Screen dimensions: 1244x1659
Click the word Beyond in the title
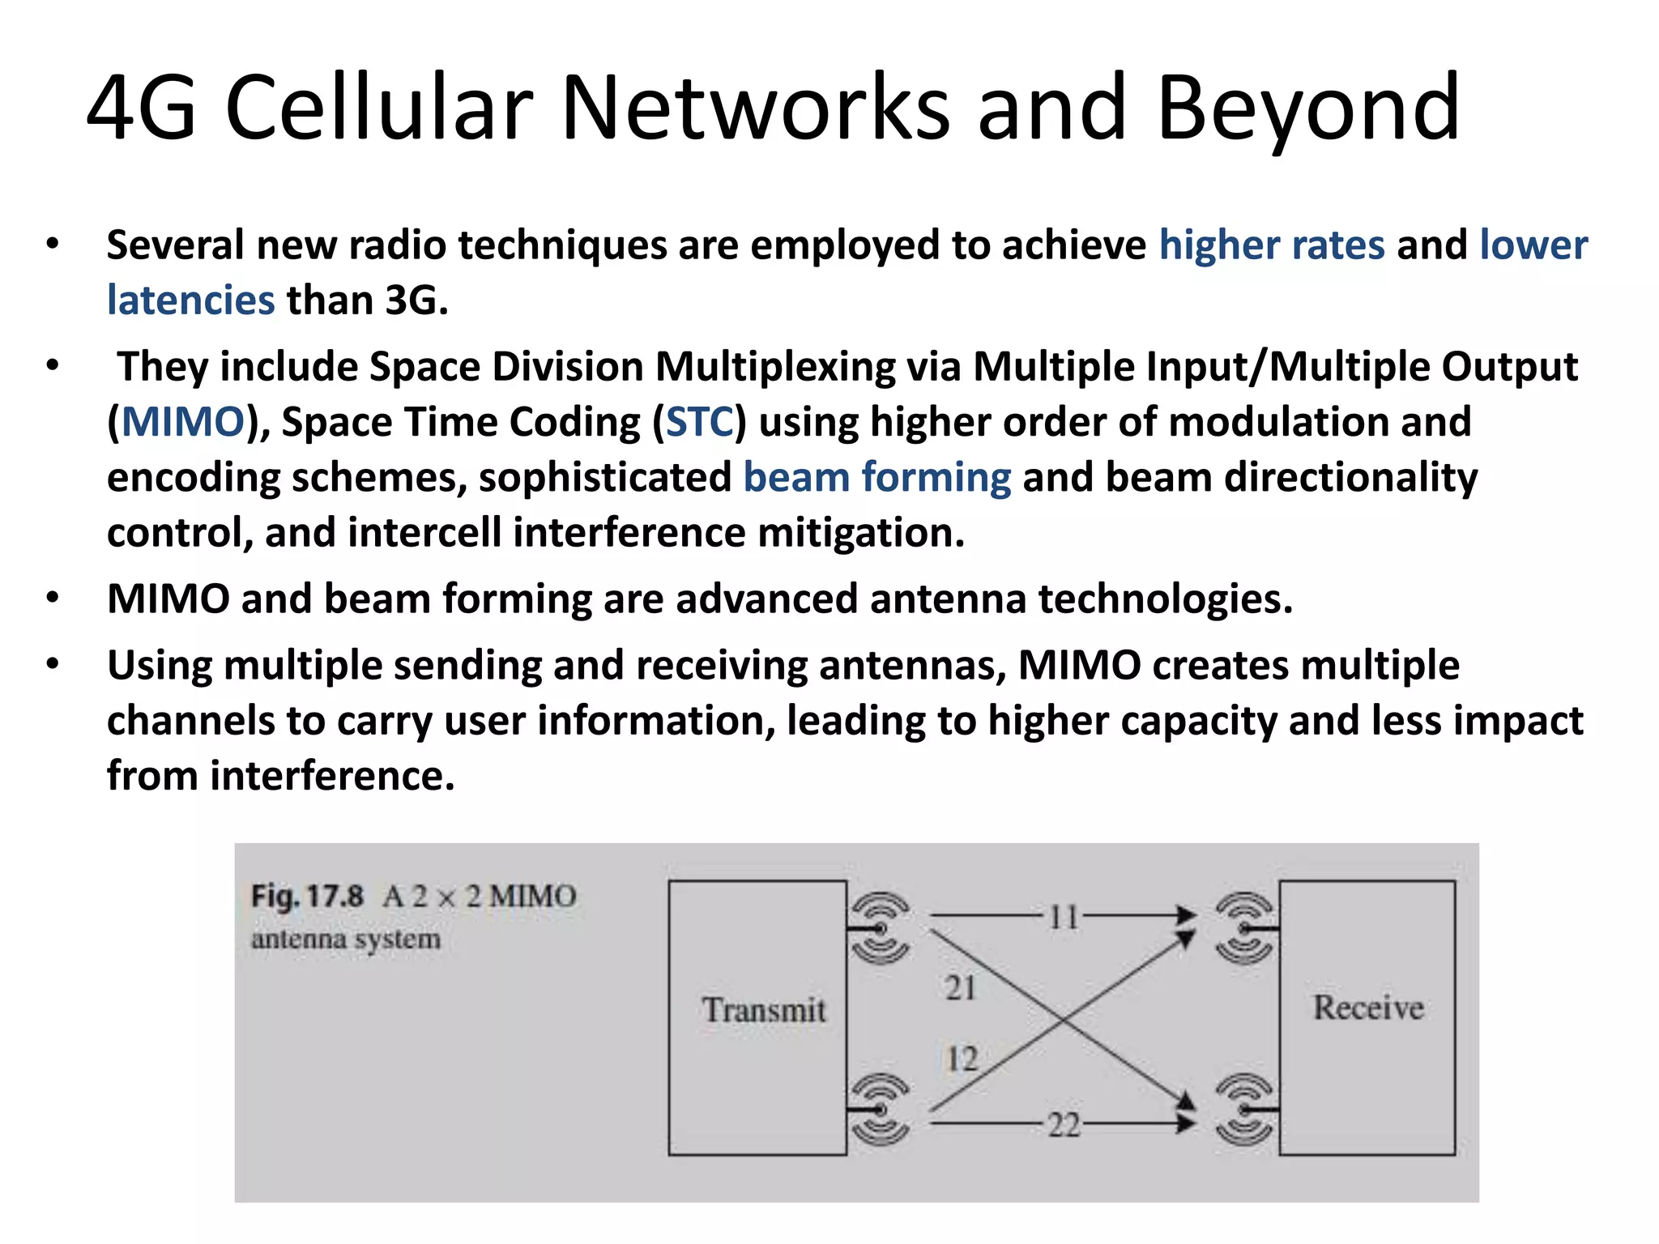(x=1307, y=109)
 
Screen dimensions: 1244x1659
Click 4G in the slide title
(x=142, y=109)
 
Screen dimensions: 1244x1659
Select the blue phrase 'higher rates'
(x=1272, y=245)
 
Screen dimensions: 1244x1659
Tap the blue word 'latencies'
(x=191, y=300)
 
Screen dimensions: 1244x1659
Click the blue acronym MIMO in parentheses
(x=183, y=422)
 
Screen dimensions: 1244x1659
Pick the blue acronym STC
(x=699, y=422)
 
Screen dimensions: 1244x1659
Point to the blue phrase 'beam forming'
(x=877, y=477)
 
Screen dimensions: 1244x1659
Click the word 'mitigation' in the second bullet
(x=860, y=533)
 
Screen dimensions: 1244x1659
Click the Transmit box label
(x=763, y=1010)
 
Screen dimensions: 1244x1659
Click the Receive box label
(x=1368, y=1008)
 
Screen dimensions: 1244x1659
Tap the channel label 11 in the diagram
(x=1064, y=917)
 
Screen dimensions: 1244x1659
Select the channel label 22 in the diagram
(x=1064, y=1125)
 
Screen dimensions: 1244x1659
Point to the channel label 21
(x=961, y=988)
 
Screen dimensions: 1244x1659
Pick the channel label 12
(x=962, y=1059)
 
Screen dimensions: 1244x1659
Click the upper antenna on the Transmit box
(x=880, y=928)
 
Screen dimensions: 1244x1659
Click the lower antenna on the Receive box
(x=1244, y=1109)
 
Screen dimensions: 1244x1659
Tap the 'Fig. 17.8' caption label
(x=307, y=897)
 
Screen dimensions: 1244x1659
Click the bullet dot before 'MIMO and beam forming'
(x=53, y=599)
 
